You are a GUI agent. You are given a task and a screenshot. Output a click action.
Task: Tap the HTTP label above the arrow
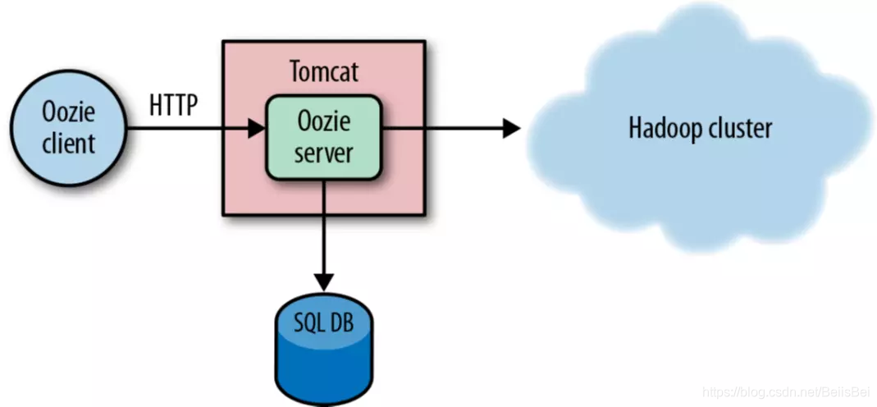(x=174, y=105)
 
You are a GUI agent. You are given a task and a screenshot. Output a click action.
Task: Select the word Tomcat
(x=324, y=71)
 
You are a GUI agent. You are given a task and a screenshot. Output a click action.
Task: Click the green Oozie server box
(x=323, y=137)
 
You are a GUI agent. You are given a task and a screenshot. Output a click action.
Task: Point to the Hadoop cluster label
(x=700, y=129)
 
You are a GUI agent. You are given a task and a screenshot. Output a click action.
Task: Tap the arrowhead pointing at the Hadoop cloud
(x=511, y=128)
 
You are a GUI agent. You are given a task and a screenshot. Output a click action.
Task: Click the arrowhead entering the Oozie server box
(x=256, y=128)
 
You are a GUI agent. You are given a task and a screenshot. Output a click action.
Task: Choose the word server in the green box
(x=323, y=153)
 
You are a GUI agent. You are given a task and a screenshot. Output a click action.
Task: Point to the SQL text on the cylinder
(x=309, y=322)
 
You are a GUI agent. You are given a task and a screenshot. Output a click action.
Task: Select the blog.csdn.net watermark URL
(x=785, y=393)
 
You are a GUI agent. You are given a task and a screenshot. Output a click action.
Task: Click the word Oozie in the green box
(x=323, y=122)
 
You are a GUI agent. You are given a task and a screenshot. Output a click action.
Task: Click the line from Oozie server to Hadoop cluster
(x=443, y=128)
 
